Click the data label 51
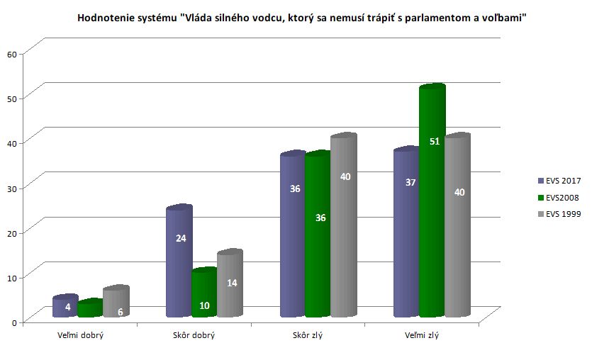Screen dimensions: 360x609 pyautogui.click(x=435, y=142)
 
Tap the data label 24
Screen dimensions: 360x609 pyautogui.click(x=181, y=238)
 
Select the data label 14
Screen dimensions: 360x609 pyautogui.click(x=232, y=283)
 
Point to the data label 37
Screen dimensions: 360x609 pyautogui.click(x=410, y=182)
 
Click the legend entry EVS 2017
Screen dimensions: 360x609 pyautogui.click(x=563, y=180)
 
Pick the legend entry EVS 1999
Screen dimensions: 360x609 pyautogui.click(x=563, y=214)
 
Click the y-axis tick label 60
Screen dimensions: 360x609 pyautogui.click(x=11, y=54)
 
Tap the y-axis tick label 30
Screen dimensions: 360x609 pyautogui.click(x=11, y=188)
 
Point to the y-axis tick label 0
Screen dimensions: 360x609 pyautogui.click(x=13, y=322)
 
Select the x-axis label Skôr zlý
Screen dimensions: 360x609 pyautogui.click(x=308, y=335)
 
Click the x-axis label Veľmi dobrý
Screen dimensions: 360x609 pyautogui.click(x=80, y=335)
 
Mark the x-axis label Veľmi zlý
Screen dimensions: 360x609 pyautogui.click(x=421, y=335)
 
